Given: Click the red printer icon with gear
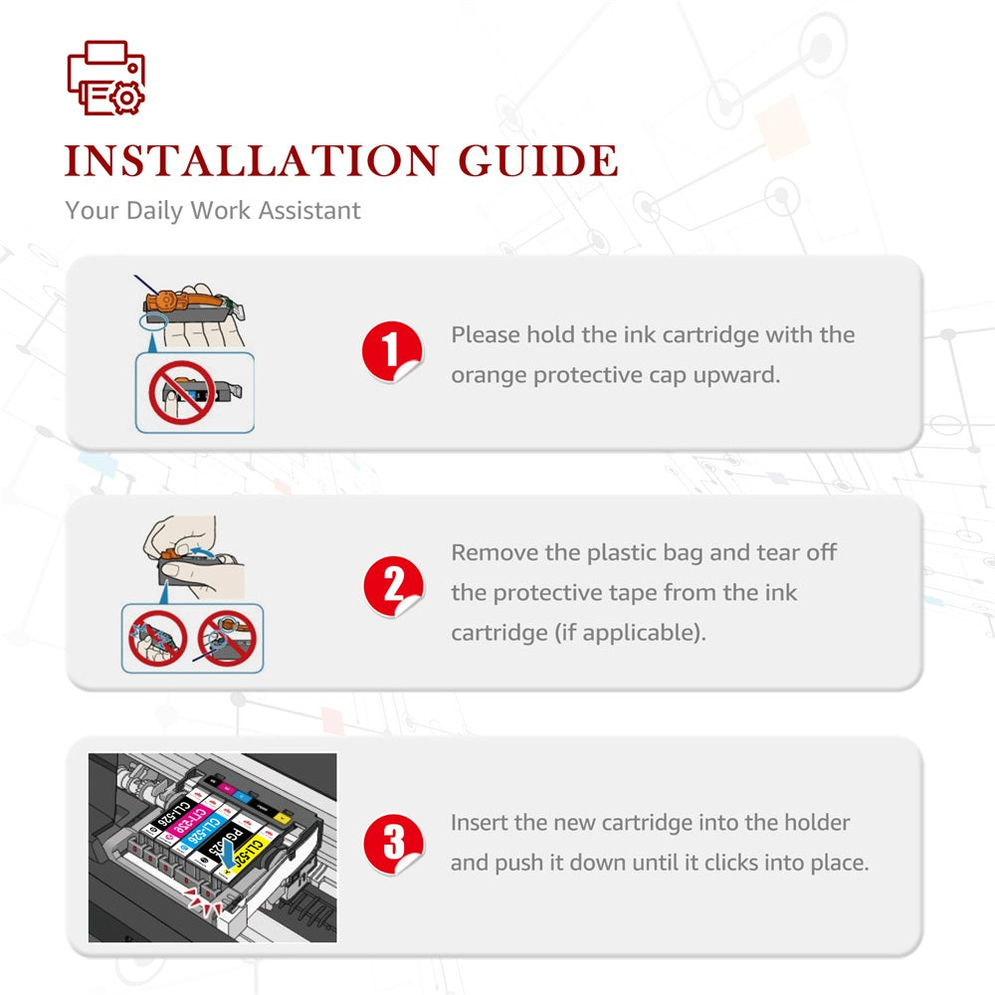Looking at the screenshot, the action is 106,78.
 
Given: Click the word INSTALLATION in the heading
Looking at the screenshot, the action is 252,160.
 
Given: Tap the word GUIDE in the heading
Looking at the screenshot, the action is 538,160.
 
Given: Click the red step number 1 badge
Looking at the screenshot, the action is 391,351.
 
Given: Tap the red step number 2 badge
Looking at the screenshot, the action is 393,586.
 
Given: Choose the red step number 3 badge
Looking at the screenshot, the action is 393,844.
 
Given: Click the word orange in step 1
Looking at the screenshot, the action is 489,376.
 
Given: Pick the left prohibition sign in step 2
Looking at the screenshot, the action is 157,639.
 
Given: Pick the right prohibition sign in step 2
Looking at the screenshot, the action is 227,638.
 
